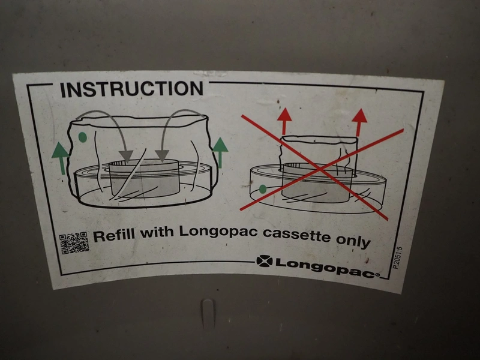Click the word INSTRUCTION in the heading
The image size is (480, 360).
[131, 89]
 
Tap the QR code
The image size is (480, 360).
[74, 243]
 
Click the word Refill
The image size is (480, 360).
[113, 236]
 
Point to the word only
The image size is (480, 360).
[353, 241]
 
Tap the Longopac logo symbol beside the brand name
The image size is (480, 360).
[264, 261]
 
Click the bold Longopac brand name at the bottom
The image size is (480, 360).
[328, 267]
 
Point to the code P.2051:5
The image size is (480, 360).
[398, 258]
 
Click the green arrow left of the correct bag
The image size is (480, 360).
[61, 158]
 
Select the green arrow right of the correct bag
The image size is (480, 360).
[220, 152]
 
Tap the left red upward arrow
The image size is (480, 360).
[284, 121]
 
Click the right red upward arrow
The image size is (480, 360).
[359, 122]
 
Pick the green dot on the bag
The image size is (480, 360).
[82, 137]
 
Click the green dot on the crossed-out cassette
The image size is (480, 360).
[263, 189]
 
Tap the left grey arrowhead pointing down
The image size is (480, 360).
[126, 156]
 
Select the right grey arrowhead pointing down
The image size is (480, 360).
[162, 156]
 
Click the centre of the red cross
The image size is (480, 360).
[319, 169]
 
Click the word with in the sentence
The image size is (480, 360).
[157, 232]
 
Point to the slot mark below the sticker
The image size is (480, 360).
[207, 313]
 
